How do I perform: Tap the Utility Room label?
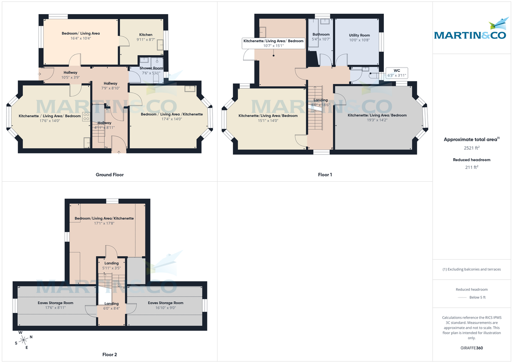tap(359, 35)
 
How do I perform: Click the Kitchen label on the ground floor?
tap(146, 35)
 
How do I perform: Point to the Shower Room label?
tap(151, 68)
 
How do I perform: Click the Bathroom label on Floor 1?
tap(321, 34)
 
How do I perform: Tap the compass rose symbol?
tap(24, 340)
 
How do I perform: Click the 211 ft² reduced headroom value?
tap(472, 167)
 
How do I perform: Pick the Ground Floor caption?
tap(109, 174)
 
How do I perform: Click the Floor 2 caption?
tap(109, 354)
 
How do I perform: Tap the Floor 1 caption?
tap(324, 174)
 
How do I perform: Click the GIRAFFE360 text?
tap(472, 348)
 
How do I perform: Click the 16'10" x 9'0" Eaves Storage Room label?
tap(165, 305)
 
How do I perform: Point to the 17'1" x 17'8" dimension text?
tap(104, 223)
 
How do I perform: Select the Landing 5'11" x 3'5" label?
tap(112, 266)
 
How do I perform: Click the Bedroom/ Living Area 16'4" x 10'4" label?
tap(81, 35)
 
